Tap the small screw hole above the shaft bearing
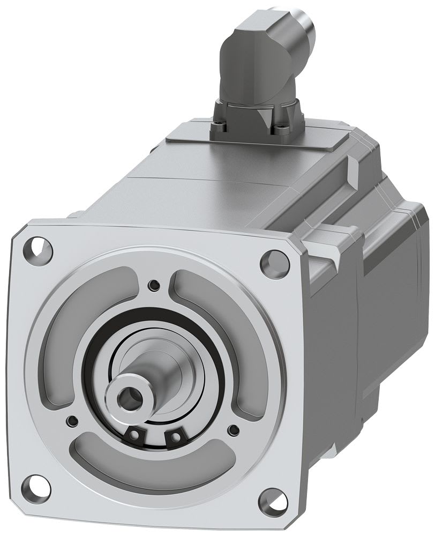[x=155, y=284]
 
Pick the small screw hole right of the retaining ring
[x=232, y=429]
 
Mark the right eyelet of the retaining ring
[x=174, y=437]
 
